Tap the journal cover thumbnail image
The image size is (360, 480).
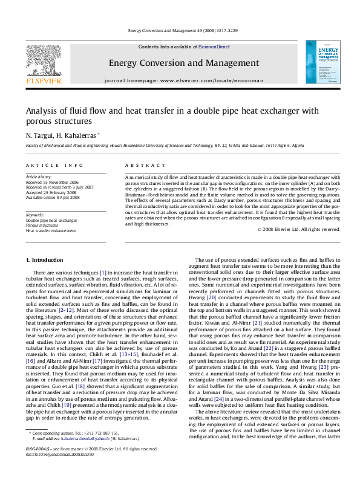pos(318,62)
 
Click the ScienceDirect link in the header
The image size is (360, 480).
pos(214,47)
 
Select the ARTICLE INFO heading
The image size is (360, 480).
pos(54,165)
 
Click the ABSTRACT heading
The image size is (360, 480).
pos(140,165)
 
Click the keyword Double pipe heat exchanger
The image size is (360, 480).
pos(51,221)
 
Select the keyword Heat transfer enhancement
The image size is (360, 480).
pos(51,230)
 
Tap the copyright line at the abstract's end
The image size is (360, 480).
pos(299,229)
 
